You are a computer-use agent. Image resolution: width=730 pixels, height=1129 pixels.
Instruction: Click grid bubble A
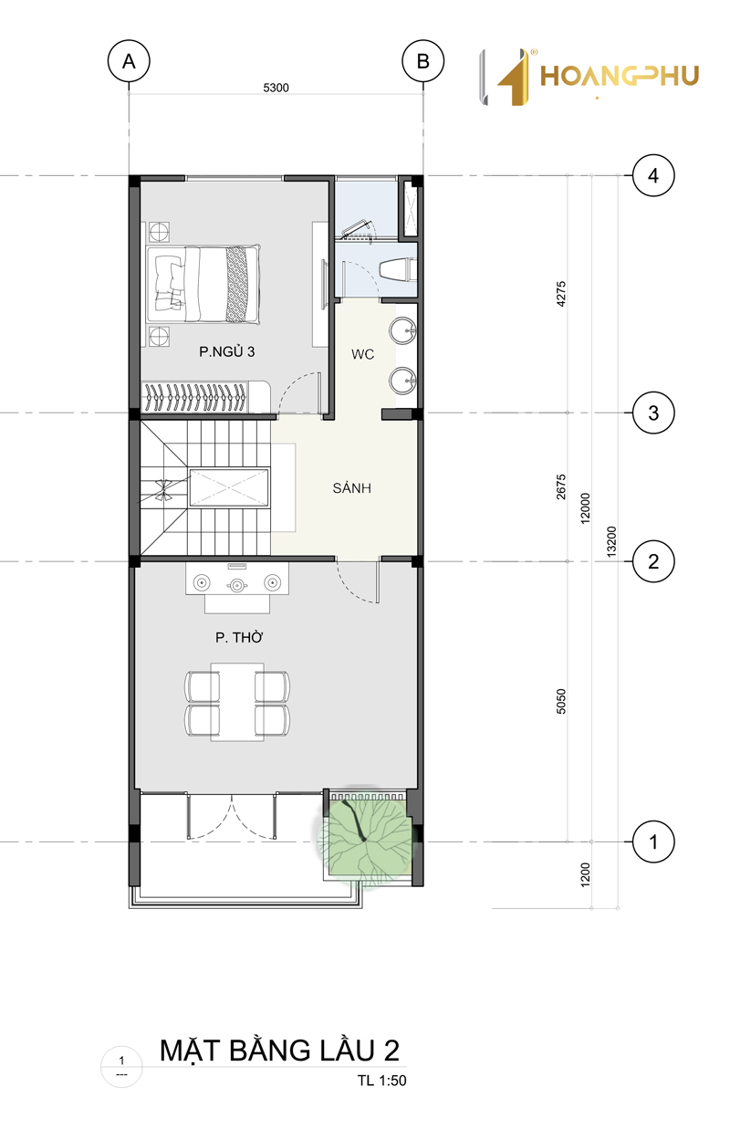(x=129, y=61)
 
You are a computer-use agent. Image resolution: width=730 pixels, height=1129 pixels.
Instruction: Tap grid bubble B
(x=422, y=61)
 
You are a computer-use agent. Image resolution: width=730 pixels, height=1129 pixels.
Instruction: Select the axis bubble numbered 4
(x=653, y=176)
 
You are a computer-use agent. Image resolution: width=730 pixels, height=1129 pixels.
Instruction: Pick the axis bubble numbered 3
(x=653, y=413)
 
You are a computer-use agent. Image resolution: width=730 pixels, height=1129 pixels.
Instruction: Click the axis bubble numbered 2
(x=653, y=561)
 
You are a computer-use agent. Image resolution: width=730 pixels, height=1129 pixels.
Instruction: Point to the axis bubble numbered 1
(x=653, y=842)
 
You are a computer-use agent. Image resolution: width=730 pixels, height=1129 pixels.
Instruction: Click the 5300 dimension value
(x=276, y=88)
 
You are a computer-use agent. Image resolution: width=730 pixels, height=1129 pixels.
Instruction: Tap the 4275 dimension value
(x=561, y=293)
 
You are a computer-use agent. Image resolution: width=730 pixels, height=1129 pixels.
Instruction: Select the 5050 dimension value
(x=561, y=701)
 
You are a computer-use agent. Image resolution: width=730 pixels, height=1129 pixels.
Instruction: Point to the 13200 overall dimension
(x=611, y=542)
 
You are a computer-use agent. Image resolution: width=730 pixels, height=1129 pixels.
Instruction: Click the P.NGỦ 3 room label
(x=226, y=351)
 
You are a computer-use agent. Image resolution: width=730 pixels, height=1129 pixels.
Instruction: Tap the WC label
(x=363, y=354)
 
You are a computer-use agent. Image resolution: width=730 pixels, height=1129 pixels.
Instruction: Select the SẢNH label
(x=351, y=487)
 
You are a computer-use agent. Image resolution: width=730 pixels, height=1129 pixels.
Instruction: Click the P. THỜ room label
(x=239, y=637)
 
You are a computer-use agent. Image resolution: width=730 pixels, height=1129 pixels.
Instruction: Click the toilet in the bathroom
(x=398, y=269)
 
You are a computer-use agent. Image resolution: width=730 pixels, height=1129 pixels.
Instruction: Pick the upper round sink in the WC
(x=402, y=330)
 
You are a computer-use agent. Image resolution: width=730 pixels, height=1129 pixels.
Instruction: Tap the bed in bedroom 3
(x=203, y=283)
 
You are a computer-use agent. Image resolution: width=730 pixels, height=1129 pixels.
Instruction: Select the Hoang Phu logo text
(x=620, y=77)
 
